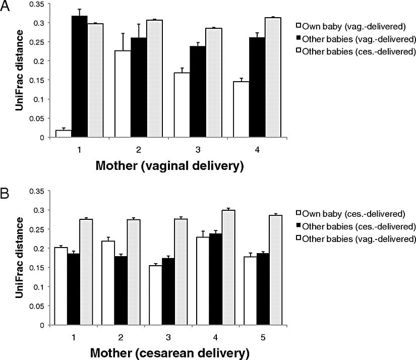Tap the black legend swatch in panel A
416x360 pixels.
point(299,38)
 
